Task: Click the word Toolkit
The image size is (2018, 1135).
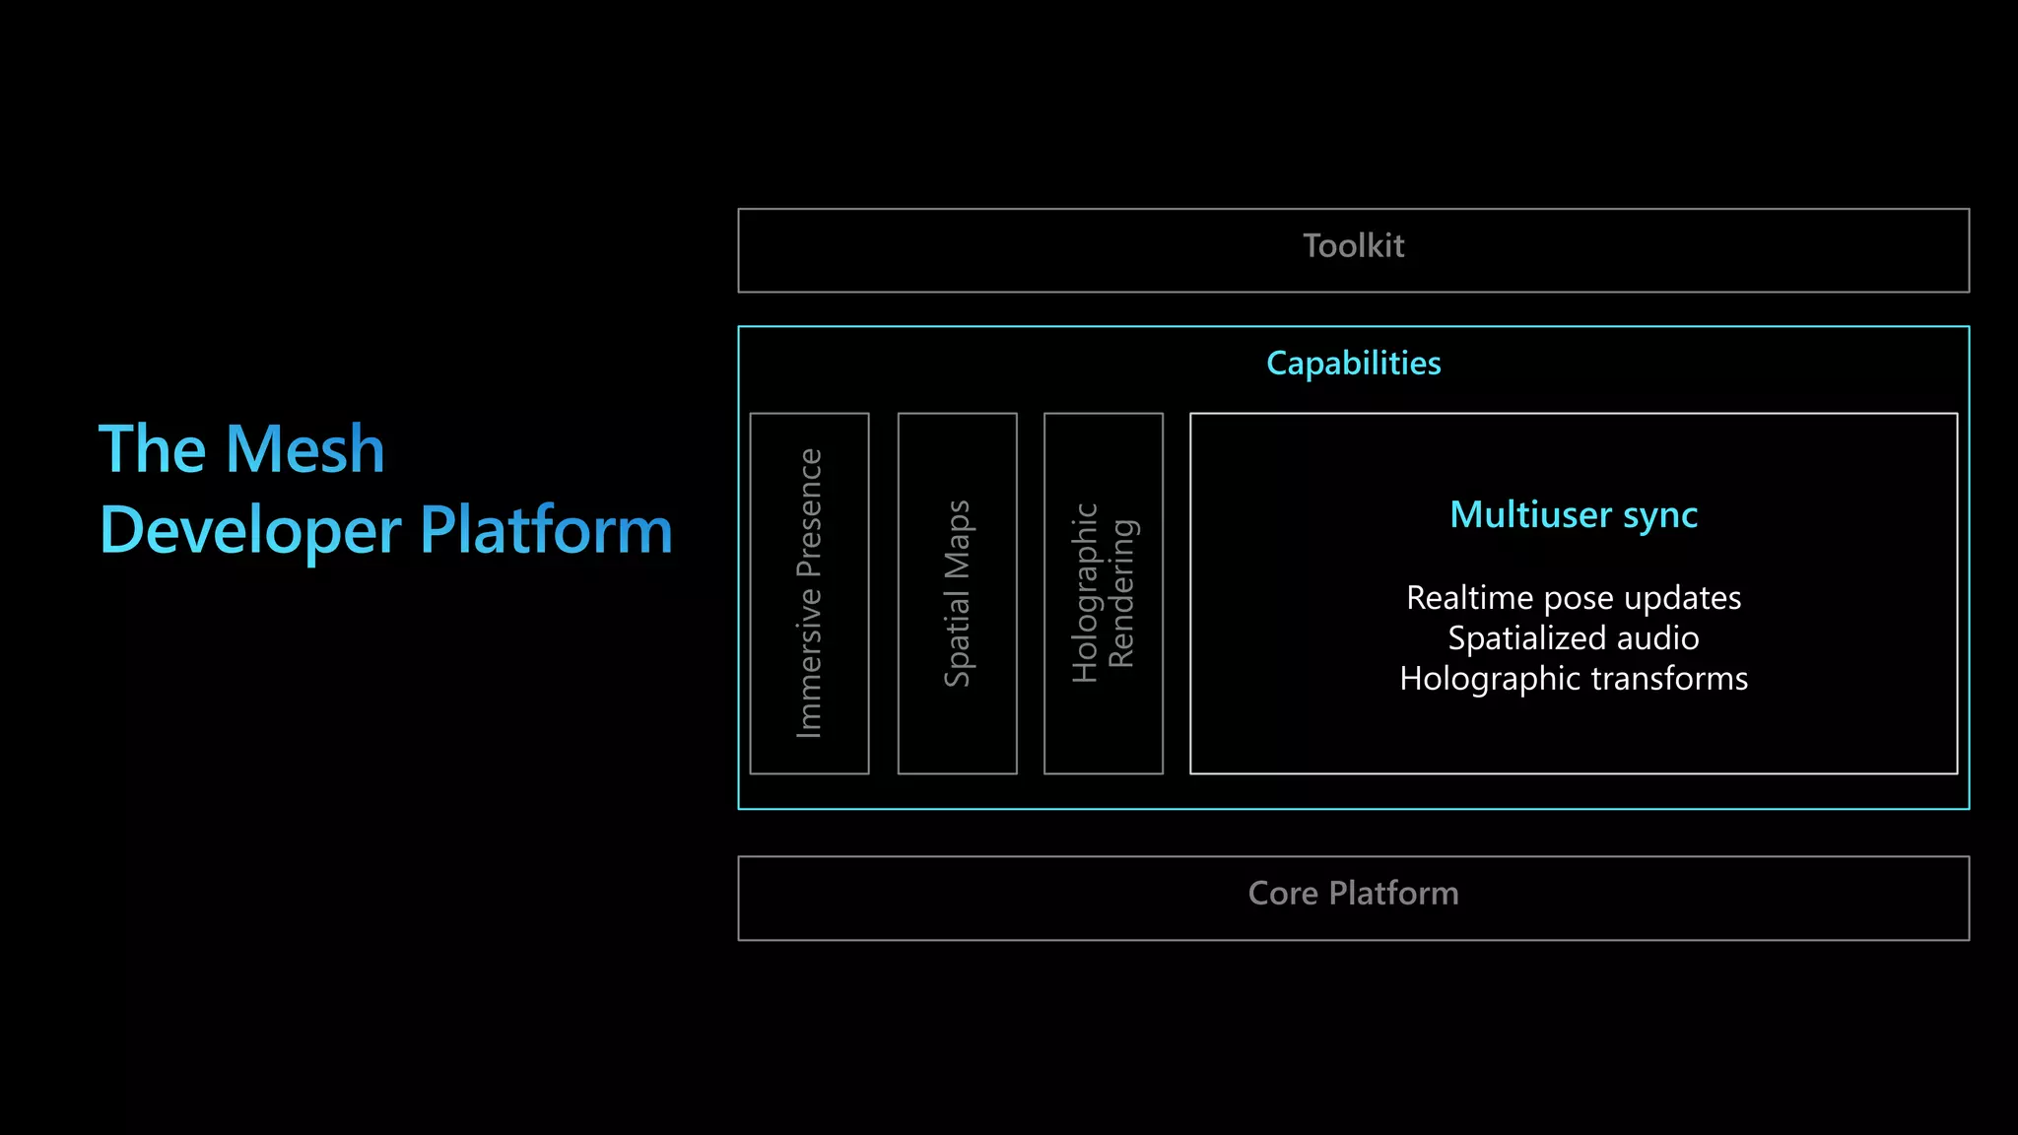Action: [x=1353, y=246]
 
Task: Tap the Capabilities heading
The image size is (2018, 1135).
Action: [x=1353, y=364]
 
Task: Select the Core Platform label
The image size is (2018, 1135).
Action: [x=1353, y=894]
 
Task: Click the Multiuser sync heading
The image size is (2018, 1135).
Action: [x=1574, y=515]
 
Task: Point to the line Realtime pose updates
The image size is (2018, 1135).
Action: [x=1574, y=598]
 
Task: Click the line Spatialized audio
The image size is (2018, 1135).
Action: [x=1574, y=638]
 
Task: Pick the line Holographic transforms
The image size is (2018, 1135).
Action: [x=1574, y=679]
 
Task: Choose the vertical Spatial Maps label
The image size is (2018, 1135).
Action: [x=958, y=593]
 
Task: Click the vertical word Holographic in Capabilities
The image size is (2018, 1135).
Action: [x=1085, y=593]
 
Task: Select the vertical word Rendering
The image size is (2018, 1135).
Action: [x=1122, y=593]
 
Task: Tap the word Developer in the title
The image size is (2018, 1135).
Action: [x=250, y=531]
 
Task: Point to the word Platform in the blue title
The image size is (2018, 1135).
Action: [x=546, y=531]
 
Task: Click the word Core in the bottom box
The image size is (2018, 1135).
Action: [x=1282, y=894]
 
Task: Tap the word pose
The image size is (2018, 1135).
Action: [x=1580, y=598]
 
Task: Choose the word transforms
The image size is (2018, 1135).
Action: [x=1669, y=679]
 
